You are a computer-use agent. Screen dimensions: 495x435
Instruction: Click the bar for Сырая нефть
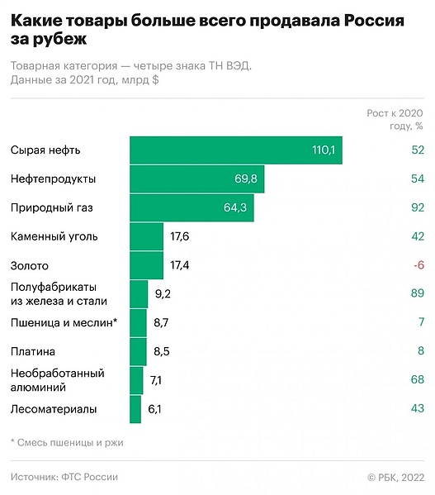click(235, 150)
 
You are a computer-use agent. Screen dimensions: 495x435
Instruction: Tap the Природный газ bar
click(191, 207)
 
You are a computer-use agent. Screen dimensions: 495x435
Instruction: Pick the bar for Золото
click(146, 265)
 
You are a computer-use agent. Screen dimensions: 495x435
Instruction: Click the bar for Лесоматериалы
click(135, 409)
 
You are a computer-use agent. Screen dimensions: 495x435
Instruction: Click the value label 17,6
click(180, 236)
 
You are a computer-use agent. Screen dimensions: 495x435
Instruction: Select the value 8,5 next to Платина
click(162, 351)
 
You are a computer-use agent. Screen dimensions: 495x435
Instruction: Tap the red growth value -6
click(418, 265)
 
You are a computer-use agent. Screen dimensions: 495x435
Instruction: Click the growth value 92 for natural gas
click(417, 207)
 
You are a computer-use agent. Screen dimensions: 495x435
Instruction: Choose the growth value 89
click(417, 293)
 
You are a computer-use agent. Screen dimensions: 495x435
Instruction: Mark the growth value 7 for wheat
click(420, 322)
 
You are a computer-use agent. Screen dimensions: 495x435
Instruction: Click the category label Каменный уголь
click(54, 236)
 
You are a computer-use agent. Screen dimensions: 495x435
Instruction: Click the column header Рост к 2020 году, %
click(395, 119)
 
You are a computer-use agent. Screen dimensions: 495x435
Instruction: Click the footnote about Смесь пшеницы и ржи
click(67, 442)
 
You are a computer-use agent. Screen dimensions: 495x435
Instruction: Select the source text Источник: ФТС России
click(64, 477)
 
